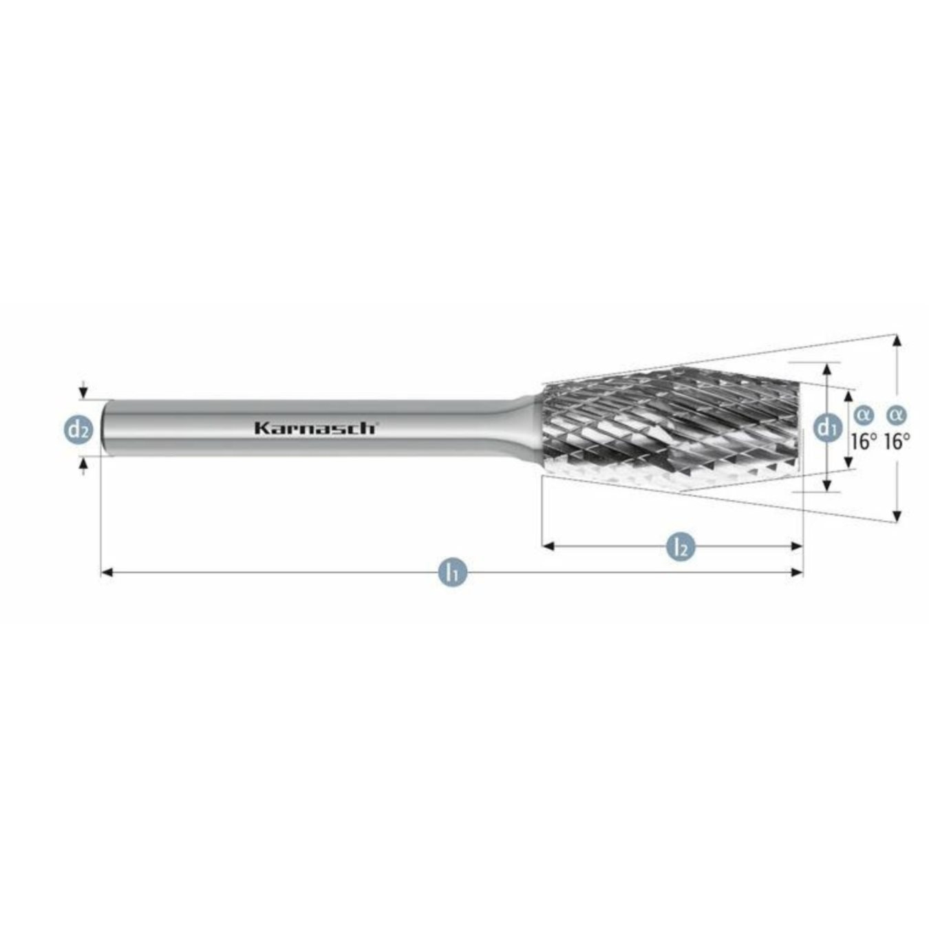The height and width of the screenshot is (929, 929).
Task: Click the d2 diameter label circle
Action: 77,429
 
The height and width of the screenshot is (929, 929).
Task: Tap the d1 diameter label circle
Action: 826,427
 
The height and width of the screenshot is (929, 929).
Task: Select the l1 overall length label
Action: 452,572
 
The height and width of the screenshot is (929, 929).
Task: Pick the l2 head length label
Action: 681,547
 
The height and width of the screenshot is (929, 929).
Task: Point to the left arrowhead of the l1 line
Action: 106,572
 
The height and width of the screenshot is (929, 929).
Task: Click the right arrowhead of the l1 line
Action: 798,572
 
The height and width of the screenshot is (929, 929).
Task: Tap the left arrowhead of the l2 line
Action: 548,546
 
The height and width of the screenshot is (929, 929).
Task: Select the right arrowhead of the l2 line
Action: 798,546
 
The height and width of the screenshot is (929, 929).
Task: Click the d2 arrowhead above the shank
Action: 83,393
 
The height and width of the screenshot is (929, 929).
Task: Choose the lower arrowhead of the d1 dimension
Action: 827,486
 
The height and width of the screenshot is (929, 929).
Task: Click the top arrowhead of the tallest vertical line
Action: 896,340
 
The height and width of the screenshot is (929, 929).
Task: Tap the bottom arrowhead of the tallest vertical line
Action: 896,516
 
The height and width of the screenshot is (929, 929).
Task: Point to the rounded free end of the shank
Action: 105,427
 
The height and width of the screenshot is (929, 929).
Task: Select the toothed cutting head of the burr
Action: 671,428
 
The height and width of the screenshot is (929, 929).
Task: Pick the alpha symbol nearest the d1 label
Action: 863,414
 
